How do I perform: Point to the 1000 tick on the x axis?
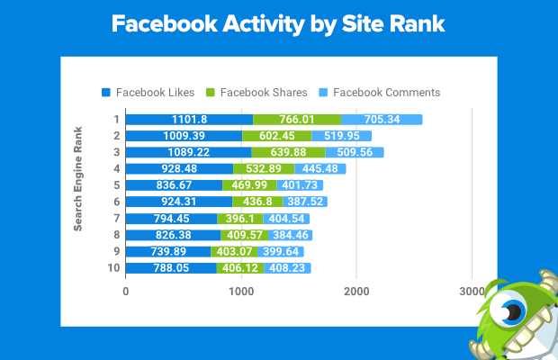[240, 292]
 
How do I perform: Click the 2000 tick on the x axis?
[356, 292]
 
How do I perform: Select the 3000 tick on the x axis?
[472, 292]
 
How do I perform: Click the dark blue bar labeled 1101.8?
[189, 120]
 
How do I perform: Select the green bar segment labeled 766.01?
[297, 120]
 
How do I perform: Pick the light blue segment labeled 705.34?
[382, 120]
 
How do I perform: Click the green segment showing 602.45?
[276, 136]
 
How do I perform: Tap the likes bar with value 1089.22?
[188, 152]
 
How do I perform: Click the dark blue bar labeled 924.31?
[179, 202]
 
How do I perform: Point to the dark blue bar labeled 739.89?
[168, 251]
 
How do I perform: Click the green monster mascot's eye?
[514, 311]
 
